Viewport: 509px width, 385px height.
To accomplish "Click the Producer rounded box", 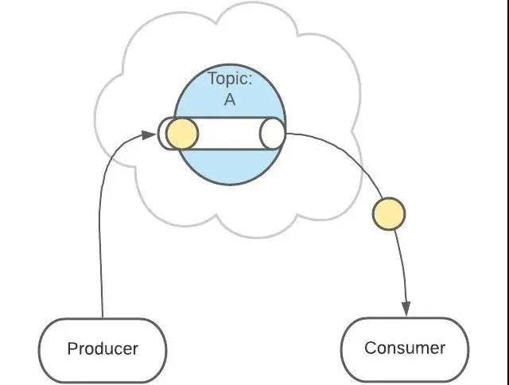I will click(x=103, y=348).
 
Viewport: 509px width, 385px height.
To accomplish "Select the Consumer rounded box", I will click(x=405, y=348).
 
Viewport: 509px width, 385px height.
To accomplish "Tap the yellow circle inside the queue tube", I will click(x=181, y=134).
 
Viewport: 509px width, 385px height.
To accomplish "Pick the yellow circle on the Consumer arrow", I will click(x=389, y=213).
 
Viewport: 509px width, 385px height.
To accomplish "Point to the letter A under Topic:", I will click(x=229, y=101).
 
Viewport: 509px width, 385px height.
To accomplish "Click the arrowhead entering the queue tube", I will click(x=150, y=134).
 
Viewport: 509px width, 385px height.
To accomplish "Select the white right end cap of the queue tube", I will click(x=272, y=134).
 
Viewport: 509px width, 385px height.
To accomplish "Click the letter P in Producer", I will click(x=72, y=348).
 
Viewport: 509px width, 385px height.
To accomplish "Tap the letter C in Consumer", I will click(x=370, y=348).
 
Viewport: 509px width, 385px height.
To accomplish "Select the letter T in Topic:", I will click(x=212, y=80).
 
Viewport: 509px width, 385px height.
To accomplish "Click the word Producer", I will click(x=103, y=348).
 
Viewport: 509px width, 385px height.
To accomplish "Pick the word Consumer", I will click(x=405, y=348).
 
